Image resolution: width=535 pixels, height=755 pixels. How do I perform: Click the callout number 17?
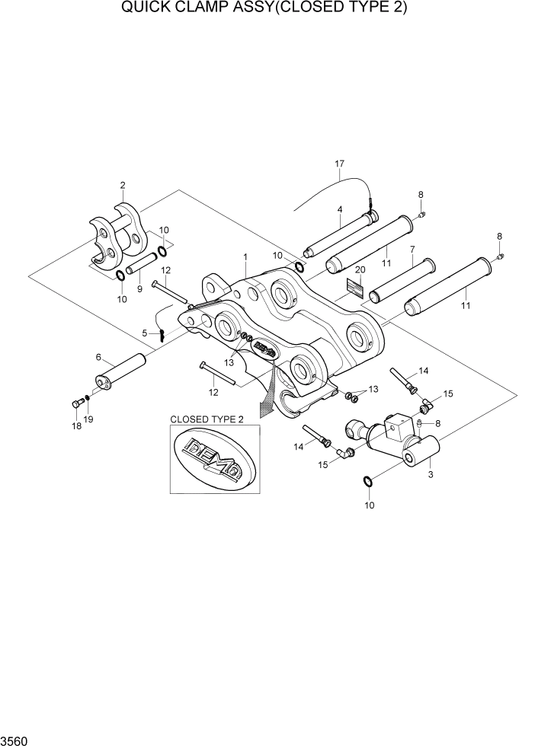click(340, 164)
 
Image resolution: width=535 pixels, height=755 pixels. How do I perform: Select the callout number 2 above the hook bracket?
click(123, 185)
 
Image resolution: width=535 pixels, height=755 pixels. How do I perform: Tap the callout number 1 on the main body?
click(245, 257)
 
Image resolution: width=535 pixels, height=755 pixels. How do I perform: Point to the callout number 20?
click(360, 270)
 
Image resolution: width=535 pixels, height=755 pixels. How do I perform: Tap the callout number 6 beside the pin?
click(98, 356)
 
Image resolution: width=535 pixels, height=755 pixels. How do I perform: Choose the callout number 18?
click(76, 426)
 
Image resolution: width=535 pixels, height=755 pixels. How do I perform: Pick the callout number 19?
click(88, 419)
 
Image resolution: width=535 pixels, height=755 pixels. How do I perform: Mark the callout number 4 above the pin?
click(339, 209)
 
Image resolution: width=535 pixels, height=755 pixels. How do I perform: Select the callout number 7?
click(412, 249)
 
